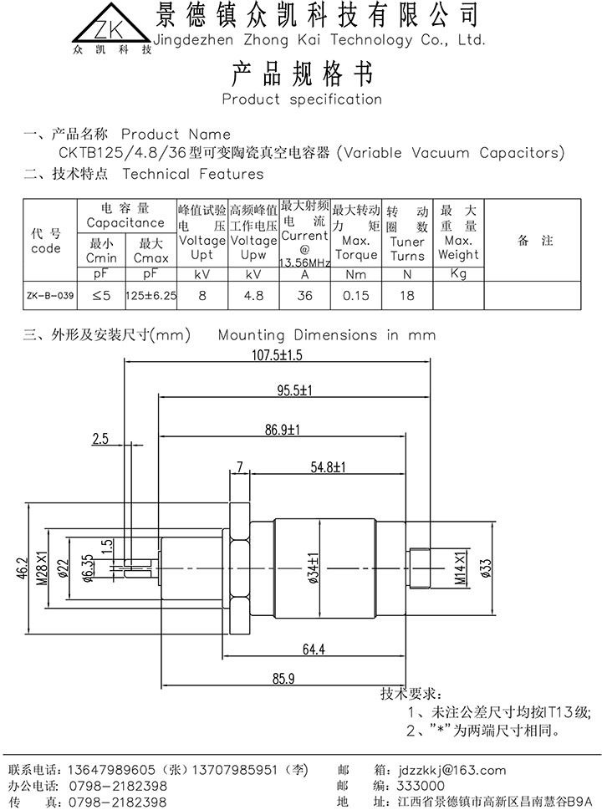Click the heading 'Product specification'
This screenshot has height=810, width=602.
[x=301, y=99]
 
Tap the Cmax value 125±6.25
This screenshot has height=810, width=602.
[x=150, y=294]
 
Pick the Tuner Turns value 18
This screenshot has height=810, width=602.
[x=407, y=294]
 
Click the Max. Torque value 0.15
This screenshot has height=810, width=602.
[x=356, y=294]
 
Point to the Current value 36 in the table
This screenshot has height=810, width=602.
[x=304, y=294]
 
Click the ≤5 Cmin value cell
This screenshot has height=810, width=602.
[x=101, y=294]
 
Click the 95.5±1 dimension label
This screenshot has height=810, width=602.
[x=294, y=390]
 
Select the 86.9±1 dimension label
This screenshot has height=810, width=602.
[x=282, y=430]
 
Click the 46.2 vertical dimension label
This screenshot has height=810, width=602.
[x=24, y=570]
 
